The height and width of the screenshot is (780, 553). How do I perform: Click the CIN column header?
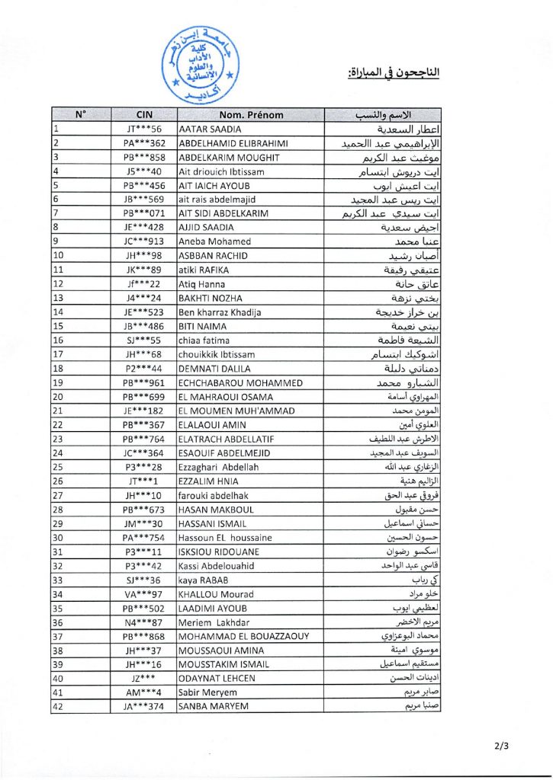point(144,115)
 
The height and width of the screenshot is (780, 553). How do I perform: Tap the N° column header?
point(81,115)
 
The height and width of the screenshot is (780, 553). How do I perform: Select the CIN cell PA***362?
point(144,143)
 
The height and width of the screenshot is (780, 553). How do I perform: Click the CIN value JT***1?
point(144,481)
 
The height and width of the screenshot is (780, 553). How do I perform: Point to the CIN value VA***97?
point(144,594)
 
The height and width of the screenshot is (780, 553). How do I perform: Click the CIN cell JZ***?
point(143,679)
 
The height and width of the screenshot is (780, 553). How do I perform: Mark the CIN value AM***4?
point(144,693)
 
